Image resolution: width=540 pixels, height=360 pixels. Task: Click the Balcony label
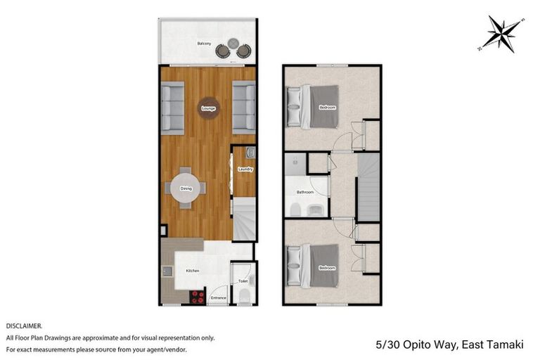pos(204,44)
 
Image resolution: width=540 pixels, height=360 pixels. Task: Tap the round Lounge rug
pos(208,108)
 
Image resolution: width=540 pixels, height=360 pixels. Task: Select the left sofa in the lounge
pos(172,108)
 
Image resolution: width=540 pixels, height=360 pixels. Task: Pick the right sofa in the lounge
pos(244,108)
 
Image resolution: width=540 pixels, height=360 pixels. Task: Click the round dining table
pos(186,188)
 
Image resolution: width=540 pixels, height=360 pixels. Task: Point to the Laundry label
pos(245,169)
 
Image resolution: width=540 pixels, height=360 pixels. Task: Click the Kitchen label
pos(193,271)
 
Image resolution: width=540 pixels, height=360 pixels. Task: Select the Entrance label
pos(219,298)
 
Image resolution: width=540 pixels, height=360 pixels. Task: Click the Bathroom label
pos(304,191)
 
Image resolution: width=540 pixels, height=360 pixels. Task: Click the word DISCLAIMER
pos(25,326)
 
